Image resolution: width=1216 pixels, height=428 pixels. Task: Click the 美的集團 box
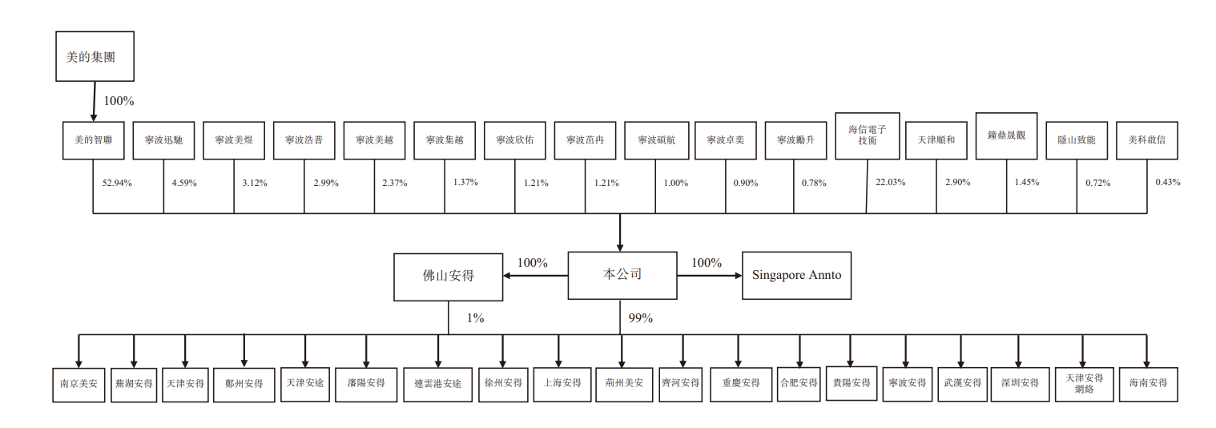95,56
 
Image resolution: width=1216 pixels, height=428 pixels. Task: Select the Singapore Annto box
796,276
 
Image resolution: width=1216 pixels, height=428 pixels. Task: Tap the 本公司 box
622,276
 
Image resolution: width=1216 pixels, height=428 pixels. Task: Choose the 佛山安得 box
449,277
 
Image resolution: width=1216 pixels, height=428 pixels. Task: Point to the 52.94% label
117,183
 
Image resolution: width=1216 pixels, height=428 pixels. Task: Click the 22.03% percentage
890,183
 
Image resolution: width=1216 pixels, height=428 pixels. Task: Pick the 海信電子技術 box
868,135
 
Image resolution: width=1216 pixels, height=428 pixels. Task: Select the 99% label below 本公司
641,318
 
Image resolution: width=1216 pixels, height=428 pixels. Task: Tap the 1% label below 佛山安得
476,318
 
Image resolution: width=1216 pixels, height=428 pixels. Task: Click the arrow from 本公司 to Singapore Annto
710,276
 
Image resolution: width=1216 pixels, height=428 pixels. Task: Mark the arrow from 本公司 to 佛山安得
535,276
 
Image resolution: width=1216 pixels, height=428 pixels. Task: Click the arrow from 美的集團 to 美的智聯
94,102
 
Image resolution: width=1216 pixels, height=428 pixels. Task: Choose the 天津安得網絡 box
1084,385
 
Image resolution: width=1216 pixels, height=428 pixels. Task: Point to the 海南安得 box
1148,385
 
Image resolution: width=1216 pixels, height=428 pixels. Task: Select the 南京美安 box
79,385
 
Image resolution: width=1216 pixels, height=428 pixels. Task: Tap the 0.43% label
1168,183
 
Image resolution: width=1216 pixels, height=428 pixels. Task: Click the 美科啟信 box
1146,140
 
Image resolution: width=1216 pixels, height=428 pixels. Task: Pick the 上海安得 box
562,384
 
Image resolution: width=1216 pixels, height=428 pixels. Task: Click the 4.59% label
184,183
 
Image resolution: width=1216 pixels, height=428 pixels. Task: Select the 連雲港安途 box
437,385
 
